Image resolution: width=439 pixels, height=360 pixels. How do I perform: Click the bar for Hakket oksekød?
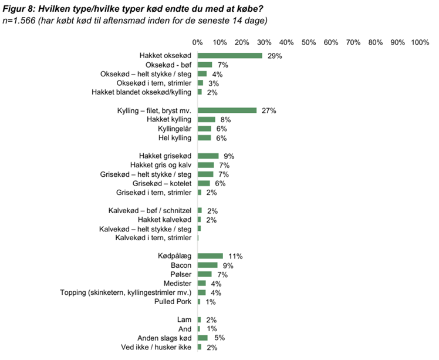click(230, 56)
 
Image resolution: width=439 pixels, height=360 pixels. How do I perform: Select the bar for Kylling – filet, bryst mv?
click(228, 110)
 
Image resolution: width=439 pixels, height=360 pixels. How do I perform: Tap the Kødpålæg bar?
click(210, 256)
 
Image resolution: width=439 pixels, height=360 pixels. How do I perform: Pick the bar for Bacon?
click(208, 265)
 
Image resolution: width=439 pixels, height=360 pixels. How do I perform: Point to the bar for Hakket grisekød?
click(208, 156)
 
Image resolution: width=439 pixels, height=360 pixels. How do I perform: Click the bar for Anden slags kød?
click(203, 338)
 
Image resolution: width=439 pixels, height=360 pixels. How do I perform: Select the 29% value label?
click(275, 56)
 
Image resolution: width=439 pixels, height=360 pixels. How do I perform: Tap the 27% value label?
click(269, 110)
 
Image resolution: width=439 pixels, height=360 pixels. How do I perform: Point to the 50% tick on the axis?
click(309, 42)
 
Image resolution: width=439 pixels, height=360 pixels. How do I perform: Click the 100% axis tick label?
click(420, 42)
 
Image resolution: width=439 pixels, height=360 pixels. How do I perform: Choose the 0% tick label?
click(198, 42)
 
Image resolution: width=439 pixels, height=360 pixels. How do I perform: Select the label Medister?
click(177, 284)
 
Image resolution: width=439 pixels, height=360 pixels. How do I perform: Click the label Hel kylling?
click(175, 138)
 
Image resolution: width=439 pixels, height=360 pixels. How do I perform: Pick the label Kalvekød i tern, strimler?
click(153, 238)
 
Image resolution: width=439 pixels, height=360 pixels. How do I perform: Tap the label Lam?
click(184, 319)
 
